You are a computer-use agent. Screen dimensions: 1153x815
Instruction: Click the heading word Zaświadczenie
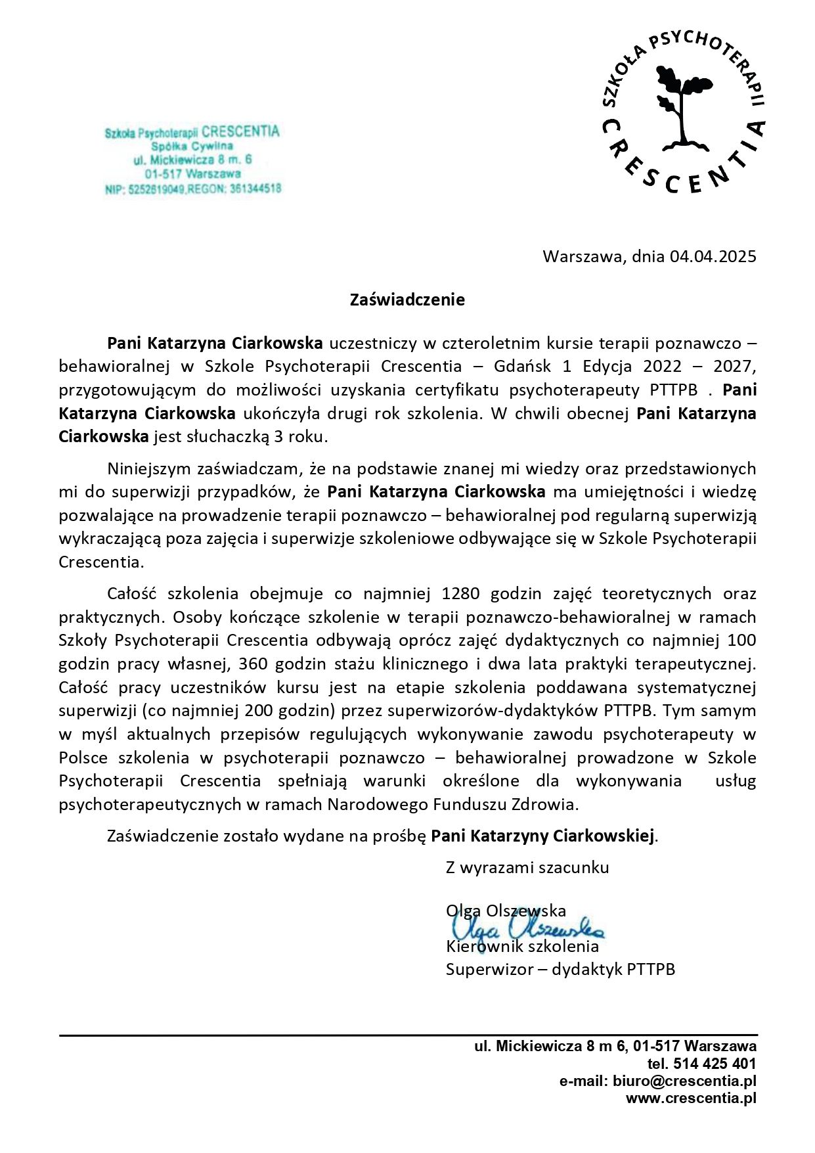click(407, 300)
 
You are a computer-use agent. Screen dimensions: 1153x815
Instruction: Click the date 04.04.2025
click(713, 256)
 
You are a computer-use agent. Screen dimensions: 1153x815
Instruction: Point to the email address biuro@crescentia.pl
click(684, 1081)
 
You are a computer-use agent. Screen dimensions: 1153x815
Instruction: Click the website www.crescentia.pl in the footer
click(691, 1097)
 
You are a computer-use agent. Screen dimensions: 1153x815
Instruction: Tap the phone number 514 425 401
click(715, 1064)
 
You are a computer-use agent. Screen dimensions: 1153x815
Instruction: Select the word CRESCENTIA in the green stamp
click(240, 131)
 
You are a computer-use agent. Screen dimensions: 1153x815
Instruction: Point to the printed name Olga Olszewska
click(506, 911)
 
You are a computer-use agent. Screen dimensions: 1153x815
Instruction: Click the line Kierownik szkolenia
click(522, 947)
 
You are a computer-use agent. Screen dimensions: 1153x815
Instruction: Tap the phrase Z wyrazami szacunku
click(527, 867)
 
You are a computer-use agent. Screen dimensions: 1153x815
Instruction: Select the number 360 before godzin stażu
click(252, 664)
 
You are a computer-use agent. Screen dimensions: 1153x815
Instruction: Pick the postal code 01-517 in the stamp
click(164, 174)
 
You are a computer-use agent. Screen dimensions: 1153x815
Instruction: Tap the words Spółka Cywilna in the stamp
click(192, 147)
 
